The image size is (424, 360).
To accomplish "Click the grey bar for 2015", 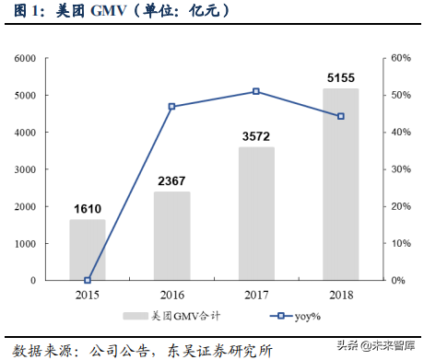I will tap(88, 250).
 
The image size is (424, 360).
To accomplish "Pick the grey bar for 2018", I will tap(340, 184).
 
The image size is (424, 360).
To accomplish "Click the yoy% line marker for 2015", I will tap(88, 280).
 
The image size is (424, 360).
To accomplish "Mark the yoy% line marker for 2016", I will tap(171, 107).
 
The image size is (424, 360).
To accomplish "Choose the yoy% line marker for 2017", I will tap(256, 91).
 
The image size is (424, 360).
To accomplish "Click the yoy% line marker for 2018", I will tap(340, 116).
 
